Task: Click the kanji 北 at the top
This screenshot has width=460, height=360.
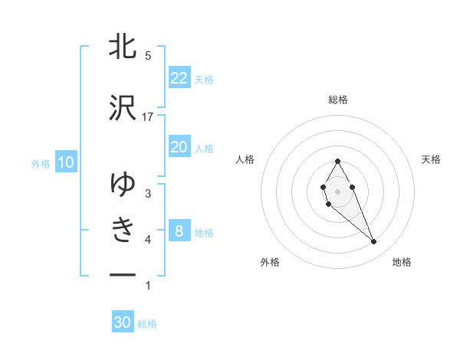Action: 123,46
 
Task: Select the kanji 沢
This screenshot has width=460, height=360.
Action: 123,107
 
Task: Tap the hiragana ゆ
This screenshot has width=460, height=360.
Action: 123,184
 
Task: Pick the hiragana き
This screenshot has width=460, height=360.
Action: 123,229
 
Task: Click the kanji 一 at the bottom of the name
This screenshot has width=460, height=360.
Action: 123,273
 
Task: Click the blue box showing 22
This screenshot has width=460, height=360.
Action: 179,78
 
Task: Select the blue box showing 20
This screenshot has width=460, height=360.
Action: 179,147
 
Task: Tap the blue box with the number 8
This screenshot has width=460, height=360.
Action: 179,231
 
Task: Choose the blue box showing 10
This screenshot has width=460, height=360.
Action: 65,162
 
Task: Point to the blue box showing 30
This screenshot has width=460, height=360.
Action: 123,322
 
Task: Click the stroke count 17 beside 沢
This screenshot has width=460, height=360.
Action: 148,116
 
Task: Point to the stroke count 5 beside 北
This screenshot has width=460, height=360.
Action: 148,55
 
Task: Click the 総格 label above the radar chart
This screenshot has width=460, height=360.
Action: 338,100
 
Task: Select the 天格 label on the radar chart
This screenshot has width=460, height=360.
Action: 432,159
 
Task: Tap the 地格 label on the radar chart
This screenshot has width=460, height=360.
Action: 402,263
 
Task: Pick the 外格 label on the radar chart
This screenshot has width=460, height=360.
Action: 270,263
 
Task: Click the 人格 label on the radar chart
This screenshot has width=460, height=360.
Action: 245,159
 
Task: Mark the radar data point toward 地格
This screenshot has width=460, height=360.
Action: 374,242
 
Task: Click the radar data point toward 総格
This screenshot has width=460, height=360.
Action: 337,161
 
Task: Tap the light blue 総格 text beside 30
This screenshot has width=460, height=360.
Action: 147,324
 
